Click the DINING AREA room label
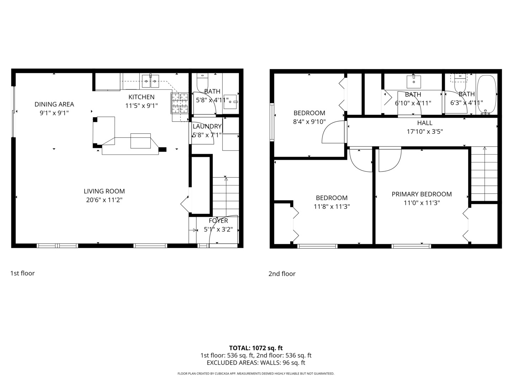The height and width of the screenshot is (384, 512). click(x=54, y=104)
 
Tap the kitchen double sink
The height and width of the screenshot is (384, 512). click(x=150, y=81)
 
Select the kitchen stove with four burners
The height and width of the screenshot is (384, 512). click(x=180, y=103)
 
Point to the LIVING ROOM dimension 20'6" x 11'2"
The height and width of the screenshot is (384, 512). click(x=104, y=200)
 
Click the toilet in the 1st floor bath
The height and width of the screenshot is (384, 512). click(x=202, y=81)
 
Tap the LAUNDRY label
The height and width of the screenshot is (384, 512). click(x=207, y=126)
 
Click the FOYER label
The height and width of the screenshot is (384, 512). click(x=218, y=220)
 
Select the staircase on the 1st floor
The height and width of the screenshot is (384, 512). click(x=225, y=196)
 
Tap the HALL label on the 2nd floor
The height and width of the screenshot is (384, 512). click(x=425, y=123)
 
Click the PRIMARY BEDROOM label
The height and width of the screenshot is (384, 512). click(x=422, y=194)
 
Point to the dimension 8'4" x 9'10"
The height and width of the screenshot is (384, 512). click(x=309, y=122)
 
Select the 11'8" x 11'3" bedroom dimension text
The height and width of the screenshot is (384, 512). click(x=332, y=207)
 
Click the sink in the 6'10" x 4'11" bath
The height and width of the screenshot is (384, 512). click(x=414, y=81)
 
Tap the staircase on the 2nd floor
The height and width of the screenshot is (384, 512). click(x=484, y=174)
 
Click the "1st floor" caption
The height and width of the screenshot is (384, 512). click(x=22, y=273)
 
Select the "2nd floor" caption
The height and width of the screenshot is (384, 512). click(x=282, y=273)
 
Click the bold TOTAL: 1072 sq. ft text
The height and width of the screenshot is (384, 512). click(x=256, y=348)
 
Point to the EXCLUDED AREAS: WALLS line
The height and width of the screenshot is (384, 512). click(x=256, y=363)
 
